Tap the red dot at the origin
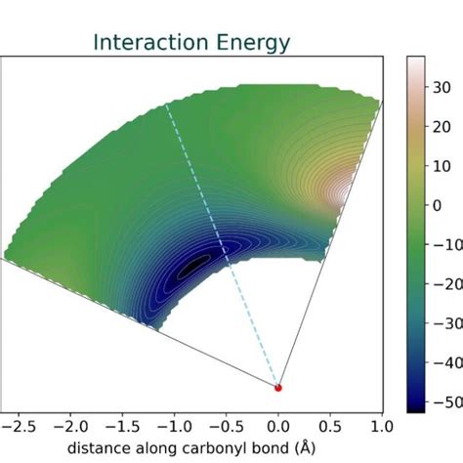coord(278,388)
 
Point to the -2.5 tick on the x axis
coord(17,427)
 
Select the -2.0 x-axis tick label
coord(68,427)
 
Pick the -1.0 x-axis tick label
coord(173,427)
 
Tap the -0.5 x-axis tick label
coord(226,427)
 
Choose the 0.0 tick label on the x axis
coord(278,427)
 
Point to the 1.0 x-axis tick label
coord(382,427)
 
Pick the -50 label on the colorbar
coord(446,402)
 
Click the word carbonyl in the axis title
coord(208,448)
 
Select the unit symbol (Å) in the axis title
coord(307,448)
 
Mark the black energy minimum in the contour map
coord(195,265)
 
